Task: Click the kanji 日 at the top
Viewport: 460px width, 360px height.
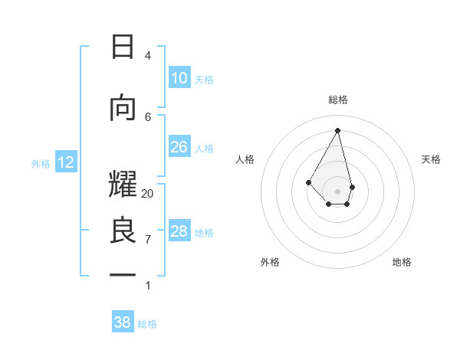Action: pos(123,47)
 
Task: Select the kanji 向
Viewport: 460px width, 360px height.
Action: pos(123,108)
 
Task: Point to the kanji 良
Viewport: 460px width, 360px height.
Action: pos(123,231)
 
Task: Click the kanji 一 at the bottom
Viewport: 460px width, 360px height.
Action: pos(123,275)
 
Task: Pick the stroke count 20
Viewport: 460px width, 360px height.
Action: pos(148,194)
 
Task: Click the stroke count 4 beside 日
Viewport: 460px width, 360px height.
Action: pos(148,56)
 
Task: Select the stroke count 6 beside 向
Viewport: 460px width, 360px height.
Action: pos(148,116)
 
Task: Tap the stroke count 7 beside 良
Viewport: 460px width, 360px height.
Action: pos(148,239)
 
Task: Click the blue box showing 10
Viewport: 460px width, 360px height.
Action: pos(179,78)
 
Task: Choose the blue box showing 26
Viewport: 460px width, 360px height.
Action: pos(179,147)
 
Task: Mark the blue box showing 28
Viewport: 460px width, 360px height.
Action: pos(179,231)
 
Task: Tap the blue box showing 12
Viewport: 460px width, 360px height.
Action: pos(66,162)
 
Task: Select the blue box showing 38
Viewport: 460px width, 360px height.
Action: pos(123,323)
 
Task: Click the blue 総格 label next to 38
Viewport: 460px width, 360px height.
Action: pos(147,324)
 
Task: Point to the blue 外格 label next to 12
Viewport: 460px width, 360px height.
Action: pos(41,163)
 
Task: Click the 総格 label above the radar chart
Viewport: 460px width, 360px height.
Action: pos(338,100)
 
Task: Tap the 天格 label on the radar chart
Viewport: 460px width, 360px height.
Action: pos(431,159)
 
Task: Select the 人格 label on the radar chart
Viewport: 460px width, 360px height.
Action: pos(245,159)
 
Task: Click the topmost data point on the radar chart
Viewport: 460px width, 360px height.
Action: pos(338,130)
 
